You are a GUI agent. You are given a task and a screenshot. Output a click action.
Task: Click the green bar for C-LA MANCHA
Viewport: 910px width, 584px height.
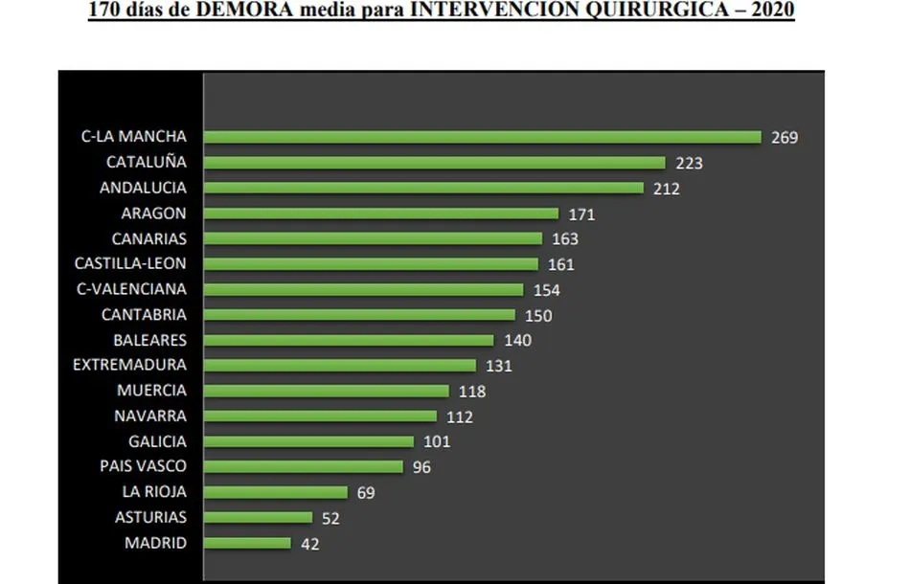coord(482,137)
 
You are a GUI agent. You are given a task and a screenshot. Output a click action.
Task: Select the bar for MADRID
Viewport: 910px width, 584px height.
coord(247,543)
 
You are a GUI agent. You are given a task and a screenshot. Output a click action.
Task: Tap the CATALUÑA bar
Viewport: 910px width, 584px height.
coord(434,163)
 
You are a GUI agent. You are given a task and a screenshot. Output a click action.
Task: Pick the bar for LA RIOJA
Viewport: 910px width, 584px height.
coord(276,492)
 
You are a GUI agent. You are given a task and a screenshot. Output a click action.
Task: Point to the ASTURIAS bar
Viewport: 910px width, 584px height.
coord(259,518)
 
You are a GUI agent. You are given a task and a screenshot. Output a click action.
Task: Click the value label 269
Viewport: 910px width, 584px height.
coord(785,137)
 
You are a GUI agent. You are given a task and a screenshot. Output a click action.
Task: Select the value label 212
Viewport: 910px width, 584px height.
coord(667,189)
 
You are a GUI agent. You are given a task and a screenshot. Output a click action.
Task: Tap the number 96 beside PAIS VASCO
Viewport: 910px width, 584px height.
coord(421,467)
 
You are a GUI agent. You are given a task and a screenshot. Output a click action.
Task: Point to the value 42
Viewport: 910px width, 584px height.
coord(309,544)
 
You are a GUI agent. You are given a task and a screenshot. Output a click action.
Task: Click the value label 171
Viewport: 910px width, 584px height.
coord(581,214)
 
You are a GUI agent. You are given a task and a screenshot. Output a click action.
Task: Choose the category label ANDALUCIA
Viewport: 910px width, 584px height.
coord(143,188)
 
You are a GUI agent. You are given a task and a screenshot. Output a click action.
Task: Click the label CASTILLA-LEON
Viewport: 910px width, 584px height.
coord(130,263)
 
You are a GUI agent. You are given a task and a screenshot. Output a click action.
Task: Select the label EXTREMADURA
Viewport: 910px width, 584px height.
coord(129,365)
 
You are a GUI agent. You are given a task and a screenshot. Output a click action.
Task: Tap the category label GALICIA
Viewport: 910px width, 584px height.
coord(157,441)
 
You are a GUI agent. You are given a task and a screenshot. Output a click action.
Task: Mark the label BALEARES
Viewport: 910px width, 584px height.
coord(149,340)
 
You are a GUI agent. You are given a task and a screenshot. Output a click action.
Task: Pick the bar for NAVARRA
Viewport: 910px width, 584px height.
coord(320,416)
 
